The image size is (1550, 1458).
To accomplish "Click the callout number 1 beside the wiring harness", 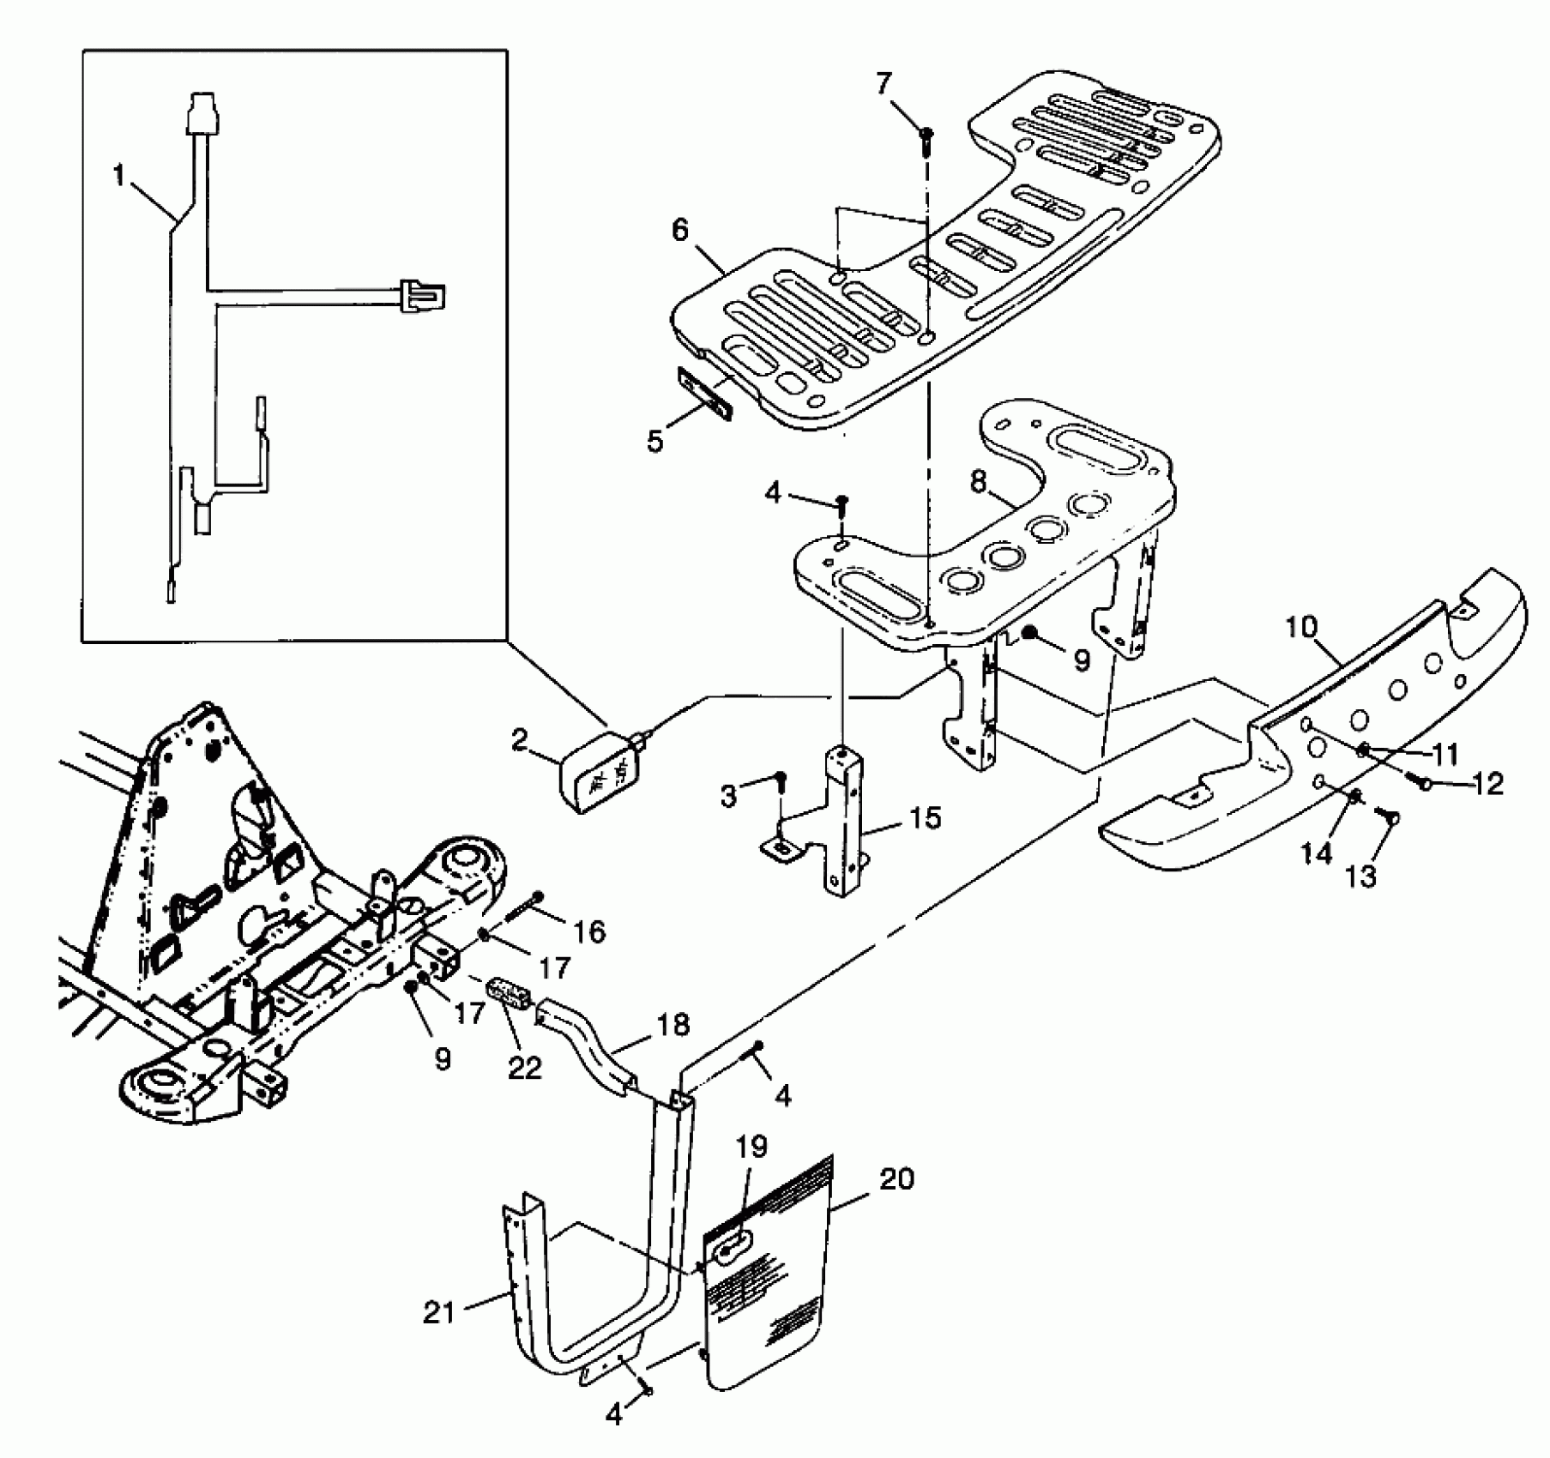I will (x=119, y=177).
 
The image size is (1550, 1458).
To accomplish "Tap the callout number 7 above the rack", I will (x=884, y=83).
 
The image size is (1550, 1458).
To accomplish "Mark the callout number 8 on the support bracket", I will (x=979, y=482).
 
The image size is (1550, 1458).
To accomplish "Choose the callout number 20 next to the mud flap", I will (x=896, y=1179).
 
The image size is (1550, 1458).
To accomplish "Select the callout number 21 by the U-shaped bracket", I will (x=438, y=1312).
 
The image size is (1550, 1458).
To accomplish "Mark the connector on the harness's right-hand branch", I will (x=423, y=296).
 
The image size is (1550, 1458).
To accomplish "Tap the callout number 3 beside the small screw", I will (x=728, y=797).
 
